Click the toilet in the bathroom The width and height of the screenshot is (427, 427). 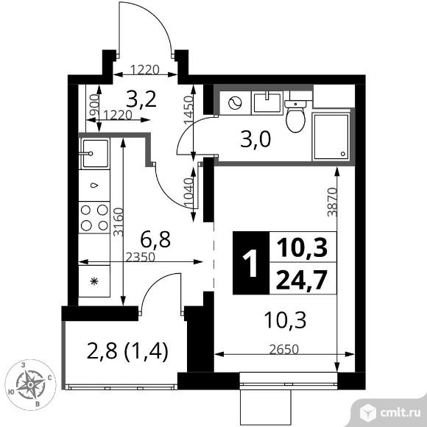pos(295,116)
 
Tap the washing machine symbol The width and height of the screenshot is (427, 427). pos(236,103)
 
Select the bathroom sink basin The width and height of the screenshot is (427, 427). pos(267,102)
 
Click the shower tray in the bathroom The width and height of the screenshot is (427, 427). pos(331,137)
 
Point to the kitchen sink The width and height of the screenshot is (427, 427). pos(94,153)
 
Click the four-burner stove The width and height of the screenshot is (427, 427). pos(94,218)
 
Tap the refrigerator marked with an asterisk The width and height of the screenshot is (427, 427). pos(94,281)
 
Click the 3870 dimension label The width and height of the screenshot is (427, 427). pos(332,202)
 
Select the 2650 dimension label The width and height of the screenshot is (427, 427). pos(284,350)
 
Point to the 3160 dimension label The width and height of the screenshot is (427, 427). pos(119,222)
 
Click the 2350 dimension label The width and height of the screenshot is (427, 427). pos(140,257)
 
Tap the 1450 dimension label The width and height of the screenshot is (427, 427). pos(188,110)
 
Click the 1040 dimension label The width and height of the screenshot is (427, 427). pos(188,193)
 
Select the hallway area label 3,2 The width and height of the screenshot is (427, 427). pos(141,99)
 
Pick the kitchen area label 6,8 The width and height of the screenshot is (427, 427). pos(155,239)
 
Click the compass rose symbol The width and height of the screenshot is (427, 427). pos(30,384)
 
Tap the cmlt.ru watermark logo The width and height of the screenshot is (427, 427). pos(389,413)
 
